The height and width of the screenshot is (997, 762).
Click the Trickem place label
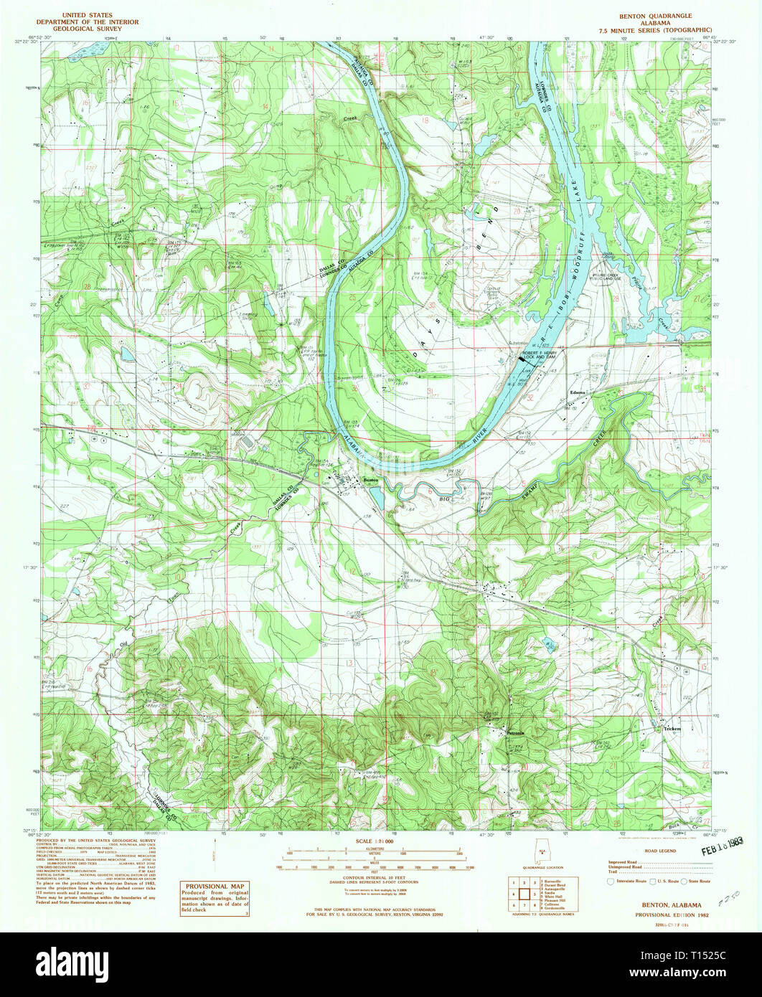click(x=672, y=728)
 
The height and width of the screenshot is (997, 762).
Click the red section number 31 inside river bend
click(x=430, y=391)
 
